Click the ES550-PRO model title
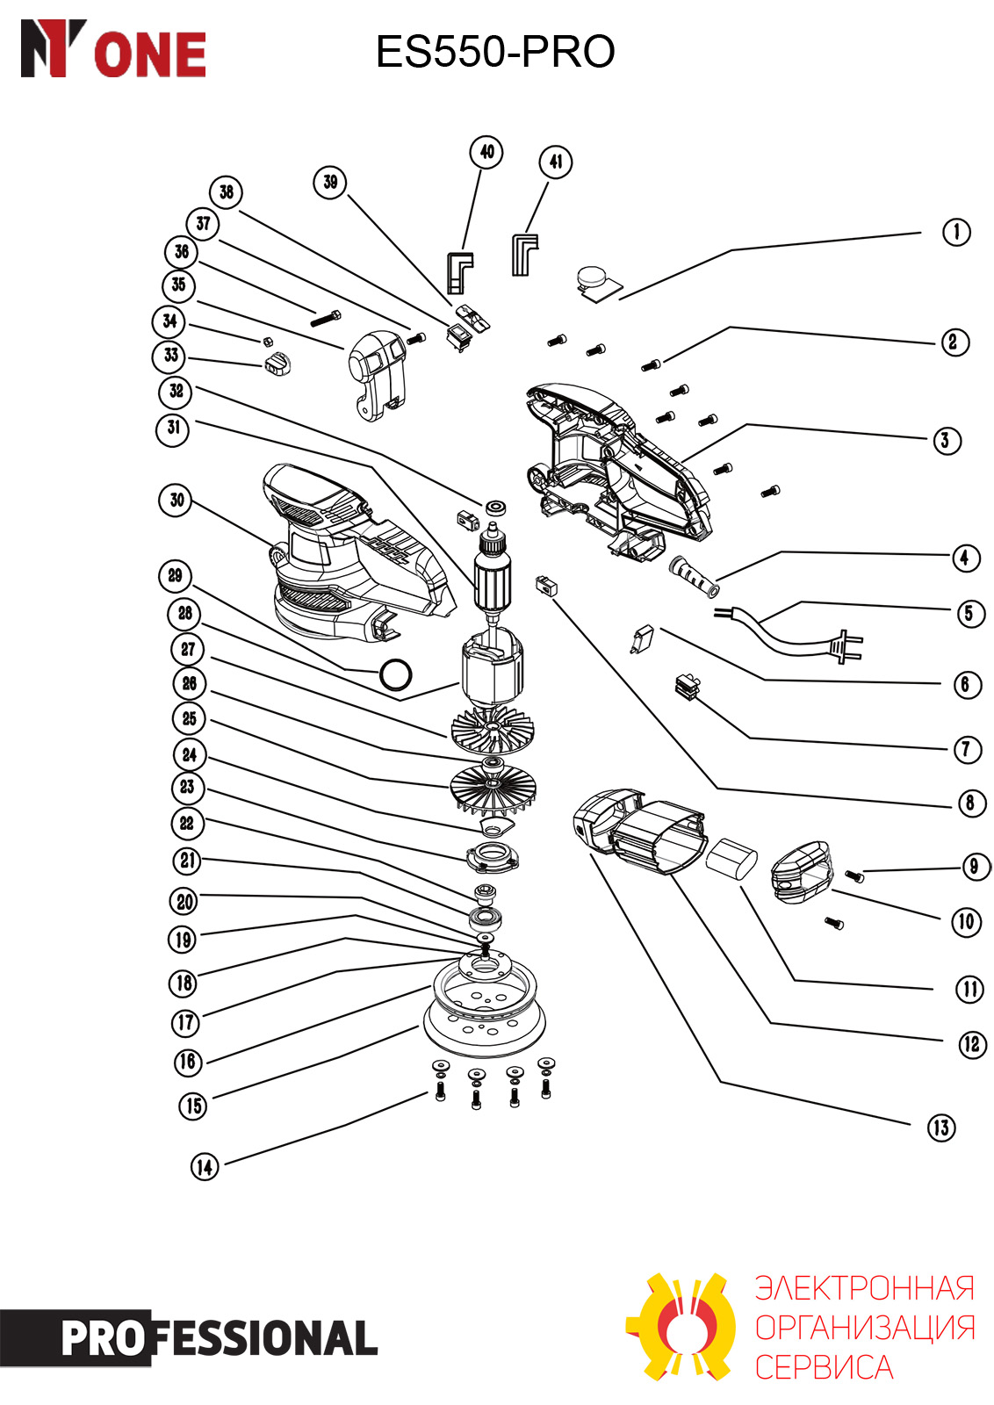pos(495,52)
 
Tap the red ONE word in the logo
pos(150,55)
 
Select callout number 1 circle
pos(955,232)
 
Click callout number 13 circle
pos(940,1128)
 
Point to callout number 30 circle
pos(176,500)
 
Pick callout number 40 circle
pos(486,152)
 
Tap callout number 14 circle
pos(205,1167)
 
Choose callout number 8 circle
pos(970,803)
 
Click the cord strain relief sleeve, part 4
pos(695,576)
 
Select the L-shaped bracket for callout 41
pos(524,255)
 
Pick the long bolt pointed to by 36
pos(326,319)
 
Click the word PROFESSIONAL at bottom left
pos(219,1338)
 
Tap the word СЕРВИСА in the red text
pos(824,1367)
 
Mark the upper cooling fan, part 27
pos(493,730)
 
